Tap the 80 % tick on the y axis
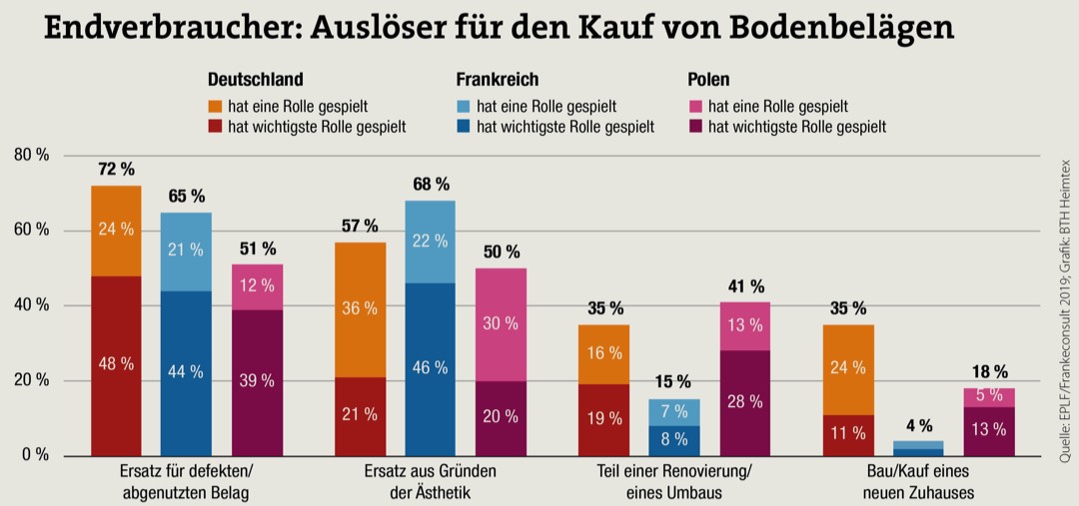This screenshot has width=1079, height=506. (x=30, y=156)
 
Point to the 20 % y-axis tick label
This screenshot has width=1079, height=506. (x=30, y=380)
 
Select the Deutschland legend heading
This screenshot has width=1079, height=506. (x=255, y=80)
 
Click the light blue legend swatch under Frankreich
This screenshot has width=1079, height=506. (x=465, y=105)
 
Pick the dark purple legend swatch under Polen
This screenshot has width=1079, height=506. (x=695, y=127)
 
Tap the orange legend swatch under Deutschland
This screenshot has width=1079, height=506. (x=215, y=105)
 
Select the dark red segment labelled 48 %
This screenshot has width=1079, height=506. (x=116, y=365)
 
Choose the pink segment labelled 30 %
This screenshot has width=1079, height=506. (x=501, y=324)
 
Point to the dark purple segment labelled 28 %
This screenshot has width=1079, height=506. (x=744, y=402)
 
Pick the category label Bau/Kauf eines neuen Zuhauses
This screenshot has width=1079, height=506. (x=918, y=481)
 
